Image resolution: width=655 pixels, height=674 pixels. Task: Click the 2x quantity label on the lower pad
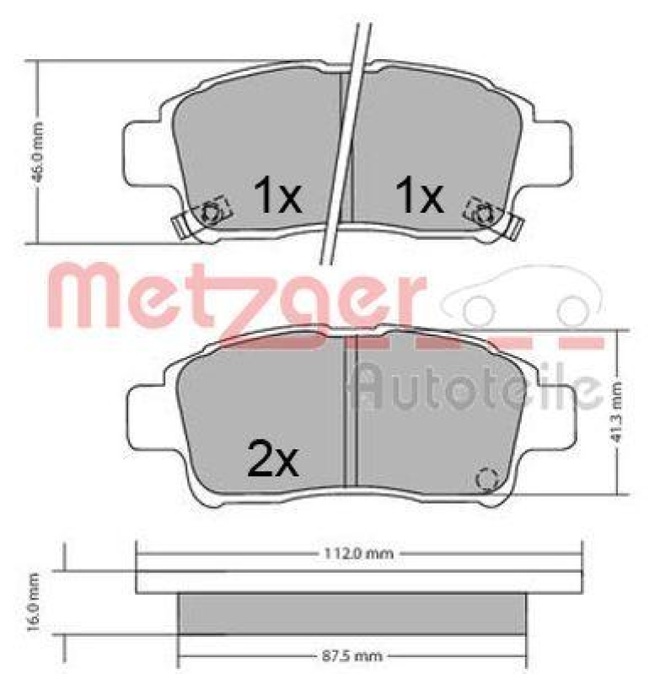[274, 459]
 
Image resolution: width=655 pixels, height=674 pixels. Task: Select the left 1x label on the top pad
[277, 197]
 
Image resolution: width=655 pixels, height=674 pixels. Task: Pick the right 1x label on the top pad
[419, 197]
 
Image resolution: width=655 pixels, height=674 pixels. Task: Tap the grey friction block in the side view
[352, 613]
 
